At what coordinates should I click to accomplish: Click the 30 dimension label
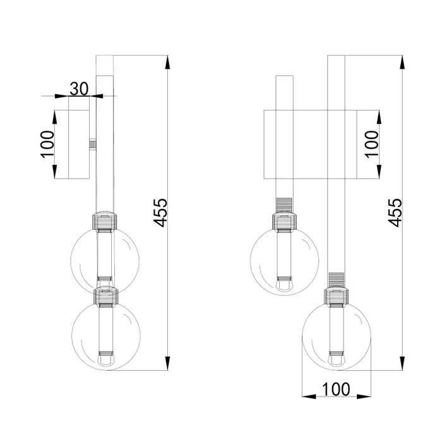click(x=78, y=88)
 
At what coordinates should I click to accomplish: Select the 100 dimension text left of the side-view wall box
click(x=46, y=145)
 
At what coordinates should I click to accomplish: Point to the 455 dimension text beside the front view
click(x=395, y=213)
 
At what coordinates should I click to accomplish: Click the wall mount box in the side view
click(x=72, y=145)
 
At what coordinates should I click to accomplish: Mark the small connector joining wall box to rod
click(x=92, y=145)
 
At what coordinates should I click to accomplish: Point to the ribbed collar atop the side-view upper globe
click(x=105, y=221)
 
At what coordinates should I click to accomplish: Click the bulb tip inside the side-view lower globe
click(x=105, y=362)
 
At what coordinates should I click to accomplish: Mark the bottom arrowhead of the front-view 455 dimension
click(x=402, y=364)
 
